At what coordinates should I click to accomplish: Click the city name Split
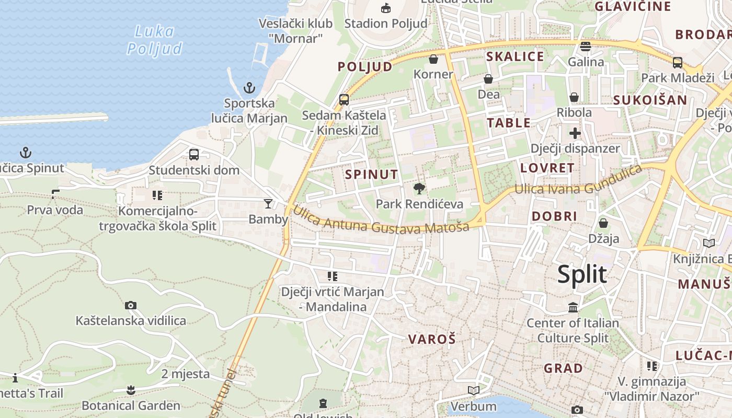coord(582,274)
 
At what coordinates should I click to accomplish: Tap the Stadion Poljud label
coord(386,23)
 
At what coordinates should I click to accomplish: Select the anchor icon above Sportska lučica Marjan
coord(249,87)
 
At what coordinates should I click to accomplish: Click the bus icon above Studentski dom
coord(194,155)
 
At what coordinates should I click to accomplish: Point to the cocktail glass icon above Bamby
coord(268,204)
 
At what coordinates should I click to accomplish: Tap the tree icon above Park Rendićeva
coord(419,189)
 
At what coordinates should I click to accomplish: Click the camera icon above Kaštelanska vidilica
coord(131,305)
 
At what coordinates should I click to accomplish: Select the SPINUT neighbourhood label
coord(372,175)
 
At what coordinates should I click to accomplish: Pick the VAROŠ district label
coord(432,339)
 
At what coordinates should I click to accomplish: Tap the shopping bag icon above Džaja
coord(603,223)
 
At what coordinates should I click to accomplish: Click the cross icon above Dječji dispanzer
coord(575,133)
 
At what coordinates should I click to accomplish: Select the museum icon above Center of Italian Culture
coord(573,308)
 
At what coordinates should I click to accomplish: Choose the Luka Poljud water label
coord(155,40)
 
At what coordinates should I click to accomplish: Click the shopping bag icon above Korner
coord(433,59)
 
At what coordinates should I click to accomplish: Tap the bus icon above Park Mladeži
coord(678,63)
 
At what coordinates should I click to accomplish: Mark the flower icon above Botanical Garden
coord(131,390)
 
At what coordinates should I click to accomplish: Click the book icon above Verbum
coord(473,390)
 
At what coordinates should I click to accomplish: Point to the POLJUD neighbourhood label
coord(364,67)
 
